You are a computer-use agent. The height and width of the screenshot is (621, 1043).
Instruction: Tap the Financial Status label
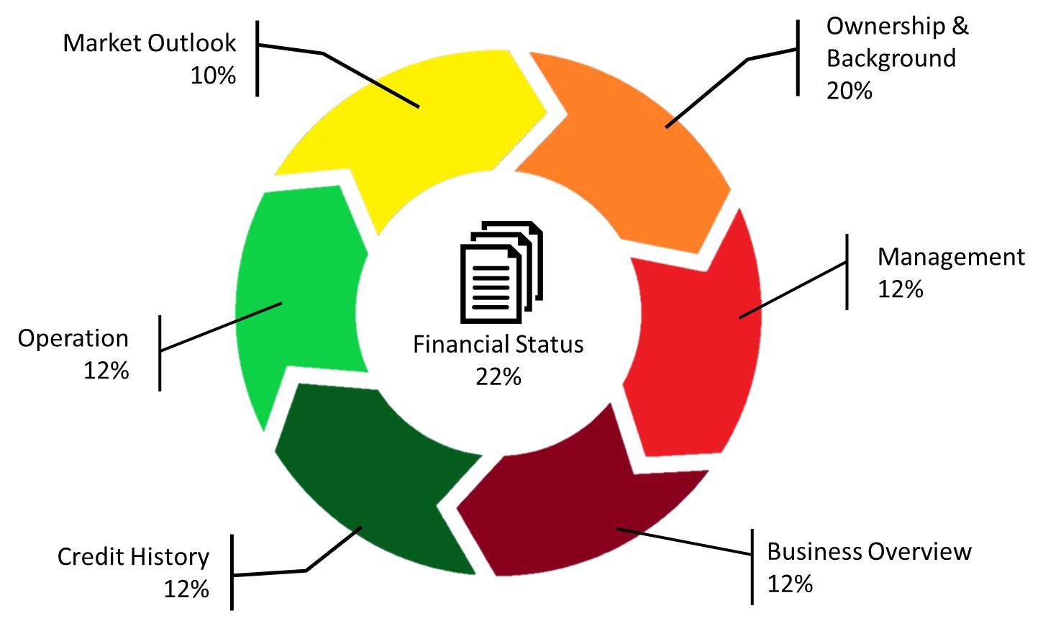(x=498, y=344)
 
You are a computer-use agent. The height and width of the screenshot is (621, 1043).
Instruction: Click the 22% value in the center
(x=498, y=376)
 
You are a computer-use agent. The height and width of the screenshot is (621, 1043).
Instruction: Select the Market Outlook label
(x=149, y=43)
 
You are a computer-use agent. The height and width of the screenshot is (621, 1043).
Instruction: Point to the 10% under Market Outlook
(x=213, y=75)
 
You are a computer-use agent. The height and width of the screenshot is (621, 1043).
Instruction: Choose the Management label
(x=951, y=257)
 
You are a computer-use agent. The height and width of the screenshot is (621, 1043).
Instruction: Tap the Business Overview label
(x=869, y=552)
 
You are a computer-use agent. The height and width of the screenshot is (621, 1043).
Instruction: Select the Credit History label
(x=133, y=557)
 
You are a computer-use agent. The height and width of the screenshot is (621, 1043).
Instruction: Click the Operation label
(x=73, y=338)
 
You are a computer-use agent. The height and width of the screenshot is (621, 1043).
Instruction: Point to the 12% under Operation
(x=106, y=371)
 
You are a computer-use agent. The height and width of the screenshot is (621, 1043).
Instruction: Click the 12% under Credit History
(x=186, y=589)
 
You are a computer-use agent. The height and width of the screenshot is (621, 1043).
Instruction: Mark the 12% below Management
(x=900, y=289)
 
